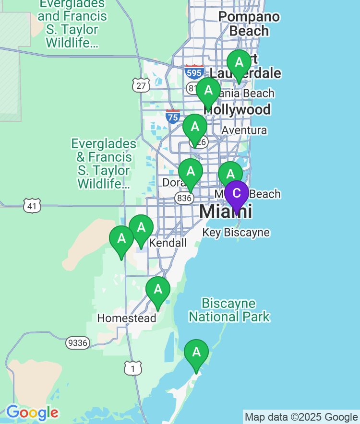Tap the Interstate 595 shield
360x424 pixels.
pyautogui.click(x=194, y=72)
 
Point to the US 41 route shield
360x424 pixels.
pyautogui.click(x=32, y=206)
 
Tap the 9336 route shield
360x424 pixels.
pyautogui.click(x=77, y=342)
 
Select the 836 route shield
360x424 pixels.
pyautogui.click(x=184, y=198)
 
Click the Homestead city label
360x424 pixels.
pyautogui.click(x=127, y=318)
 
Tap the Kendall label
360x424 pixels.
pyautogui.click(x=168, y=243)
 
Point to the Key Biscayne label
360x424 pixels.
pyautogui.click(x=236, y=233)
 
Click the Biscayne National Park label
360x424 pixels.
pyautogui.click(x=229, y=310)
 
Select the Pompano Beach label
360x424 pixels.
pyautogui.click(x=249, y=24)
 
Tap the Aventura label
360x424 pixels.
pyautogui.click(x=244, y=130)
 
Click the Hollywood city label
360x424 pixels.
pyautogui.click(x=237, y=110)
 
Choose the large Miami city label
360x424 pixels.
pyautogui.click(x=226, y=212)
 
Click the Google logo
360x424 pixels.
pyautogui.click(x=32, y=412)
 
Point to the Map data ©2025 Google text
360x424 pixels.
pyautogui.click(x=301, y=417)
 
